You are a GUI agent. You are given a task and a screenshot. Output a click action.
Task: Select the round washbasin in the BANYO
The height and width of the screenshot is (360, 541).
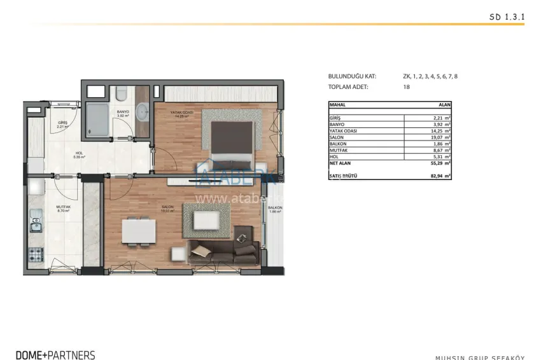pyautogui.click(x=141, y=107)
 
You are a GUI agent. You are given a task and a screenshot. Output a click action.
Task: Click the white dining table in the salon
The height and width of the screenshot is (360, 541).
pyautogui.click(x=138, y=230)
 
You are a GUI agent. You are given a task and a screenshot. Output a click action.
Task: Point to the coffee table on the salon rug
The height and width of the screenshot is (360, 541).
pyautogui.click(x=205, y=220)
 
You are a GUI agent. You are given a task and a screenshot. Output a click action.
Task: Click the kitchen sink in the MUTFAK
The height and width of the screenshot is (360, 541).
pyautogui.click(x=34, y=225)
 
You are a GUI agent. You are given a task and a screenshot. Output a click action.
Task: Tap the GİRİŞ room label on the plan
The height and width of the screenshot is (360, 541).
pyautogui.click(x=62, y=123)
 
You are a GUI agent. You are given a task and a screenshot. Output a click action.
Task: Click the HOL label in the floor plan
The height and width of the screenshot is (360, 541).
pyautogui.click(x=80, y=153)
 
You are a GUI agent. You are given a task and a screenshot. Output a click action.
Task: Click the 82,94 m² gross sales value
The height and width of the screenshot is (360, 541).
pyautogui.click(x=439, y=176)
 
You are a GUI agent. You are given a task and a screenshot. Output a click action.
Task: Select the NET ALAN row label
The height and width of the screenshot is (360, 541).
pyautogui.click(x=341, y=163)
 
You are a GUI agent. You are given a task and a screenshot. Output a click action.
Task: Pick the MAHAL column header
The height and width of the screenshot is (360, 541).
pyautogui.click(x=337, y=104)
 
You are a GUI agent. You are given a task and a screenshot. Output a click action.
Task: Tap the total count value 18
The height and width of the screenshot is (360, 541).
pyautogui.click(x=406, y=87)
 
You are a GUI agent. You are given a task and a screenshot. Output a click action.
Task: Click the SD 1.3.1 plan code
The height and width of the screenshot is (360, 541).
pyautogui.click(x=506, y=18)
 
